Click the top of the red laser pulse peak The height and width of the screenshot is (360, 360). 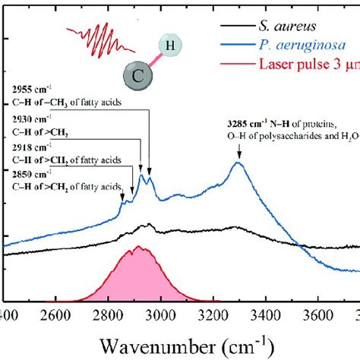pos(138,248)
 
